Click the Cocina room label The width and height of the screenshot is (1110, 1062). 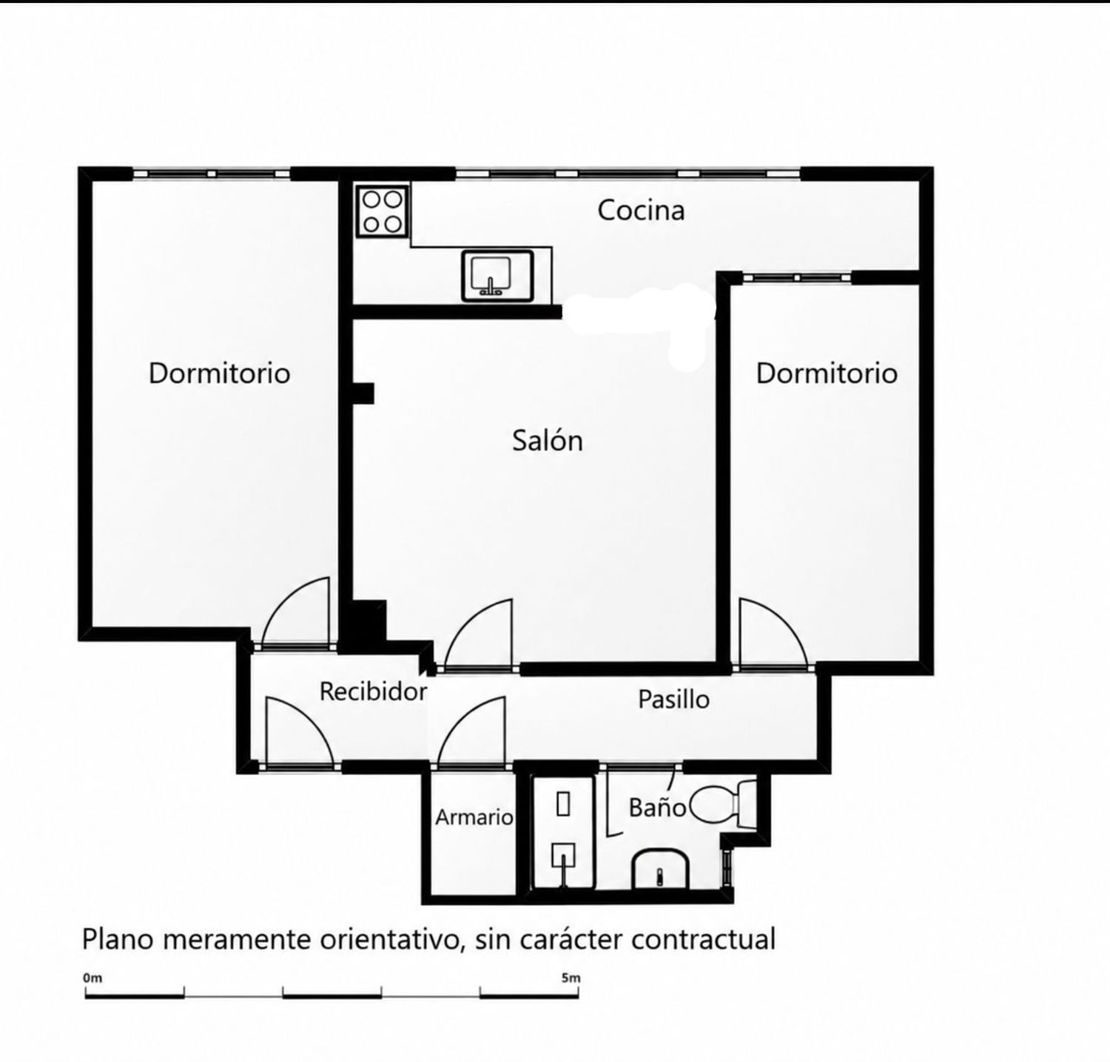tap(641, 210)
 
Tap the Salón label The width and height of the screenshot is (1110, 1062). tap(548, 441)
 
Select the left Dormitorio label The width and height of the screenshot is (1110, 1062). tap(219, 373)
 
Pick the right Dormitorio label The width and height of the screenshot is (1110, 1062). tap(827, 373)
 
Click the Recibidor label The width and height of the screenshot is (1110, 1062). tap(373, 691)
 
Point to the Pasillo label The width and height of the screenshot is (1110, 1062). tap(673, 699)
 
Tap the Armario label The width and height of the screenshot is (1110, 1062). tap(474, 817)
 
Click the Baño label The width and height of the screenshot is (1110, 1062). tap(657, 807)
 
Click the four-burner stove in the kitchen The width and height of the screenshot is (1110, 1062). tap(383, 211)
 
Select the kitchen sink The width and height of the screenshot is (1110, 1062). tap(497, 275)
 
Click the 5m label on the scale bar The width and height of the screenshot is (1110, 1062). tap(571, 978)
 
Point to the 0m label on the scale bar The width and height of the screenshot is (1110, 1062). tap(92, 978)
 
